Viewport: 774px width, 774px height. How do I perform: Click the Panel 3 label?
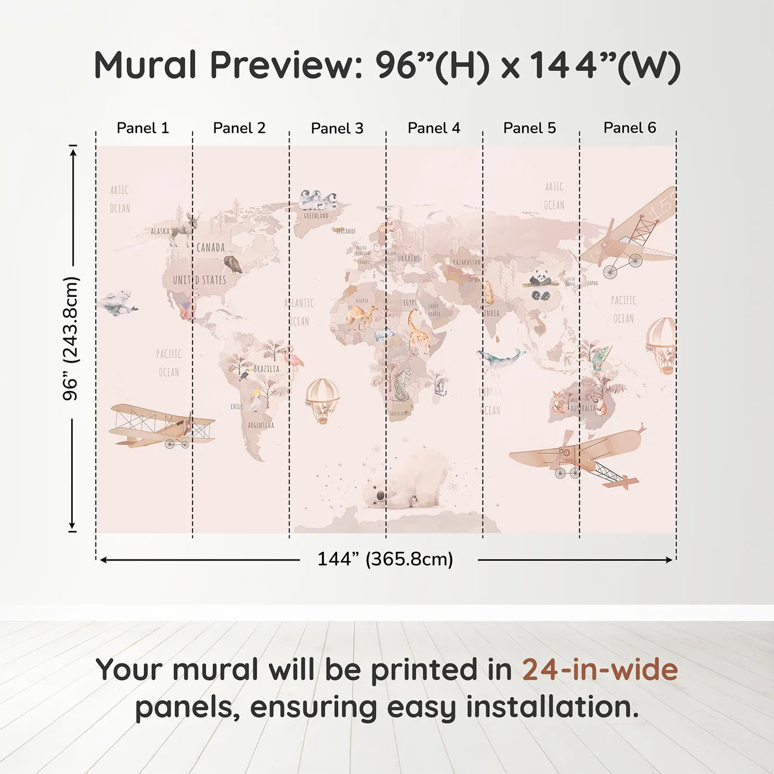coord(337,128)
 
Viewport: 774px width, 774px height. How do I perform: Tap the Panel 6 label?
coord(629,128)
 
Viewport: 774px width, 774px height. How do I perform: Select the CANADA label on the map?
coord(211,248)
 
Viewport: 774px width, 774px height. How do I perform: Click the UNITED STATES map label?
coord(200,280)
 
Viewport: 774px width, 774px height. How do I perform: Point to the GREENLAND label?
coord(316,216)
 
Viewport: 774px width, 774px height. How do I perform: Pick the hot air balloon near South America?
coord(323,399)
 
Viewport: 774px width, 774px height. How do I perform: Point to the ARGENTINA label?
coord(261,425)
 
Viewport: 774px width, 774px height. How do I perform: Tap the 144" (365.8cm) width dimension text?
coord(385,559)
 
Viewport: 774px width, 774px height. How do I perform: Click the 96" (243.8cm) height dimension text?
coord(71,338)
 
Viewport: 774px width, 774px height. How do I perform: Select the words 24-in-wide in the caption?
coord(600,670)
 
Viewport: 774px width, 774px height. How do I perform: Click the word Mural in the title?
coord(145,65)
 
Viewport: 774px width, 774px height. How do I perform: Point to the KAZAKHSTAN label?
coord(466,262)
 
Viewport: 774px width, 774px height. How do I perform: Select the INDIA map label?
coord(491,313)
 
